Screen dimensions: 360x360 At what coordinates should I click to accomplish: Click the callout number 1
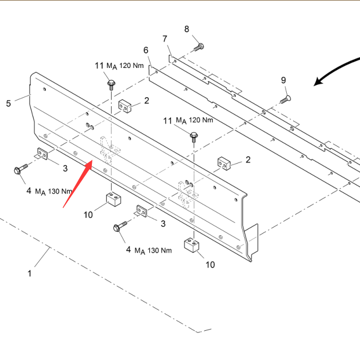(x=30, y=273)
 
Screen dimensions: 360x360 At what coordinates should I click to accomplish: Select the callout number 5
(x=8, y=104)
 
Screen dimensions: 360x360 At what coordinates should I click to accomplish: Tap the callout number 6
(x=146, y=50)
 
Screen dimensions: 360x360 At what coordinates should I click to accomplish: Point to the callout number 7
(x=165, y=39)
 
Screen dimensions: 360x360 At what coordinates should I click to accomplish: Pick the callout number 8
(x=187, y=29)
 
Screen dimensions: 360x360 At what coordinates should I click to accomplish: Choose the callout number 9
(x=284, y=80)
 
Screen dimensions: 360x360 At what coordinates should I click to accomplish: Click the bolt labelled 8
(x=198, y=47)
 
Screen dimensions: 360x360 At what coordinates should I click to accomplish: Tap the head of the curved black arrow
(x=318, y=82)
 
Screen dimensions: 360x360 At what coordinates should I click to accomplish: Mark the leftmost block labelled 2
(x=125, y=106)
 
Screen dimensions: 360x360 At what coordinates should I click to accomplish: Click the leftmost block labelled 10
(x=112, y=200)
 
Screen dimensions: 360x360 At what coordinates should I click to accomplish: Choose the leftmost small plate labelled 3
(x=42, y=155)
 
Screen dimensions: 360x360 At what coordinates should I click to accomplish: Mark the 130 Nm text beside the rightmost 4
(x=160, y=250)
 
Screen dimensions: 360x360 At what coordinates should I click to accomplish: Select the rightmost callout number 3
(x=163, y=224)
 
